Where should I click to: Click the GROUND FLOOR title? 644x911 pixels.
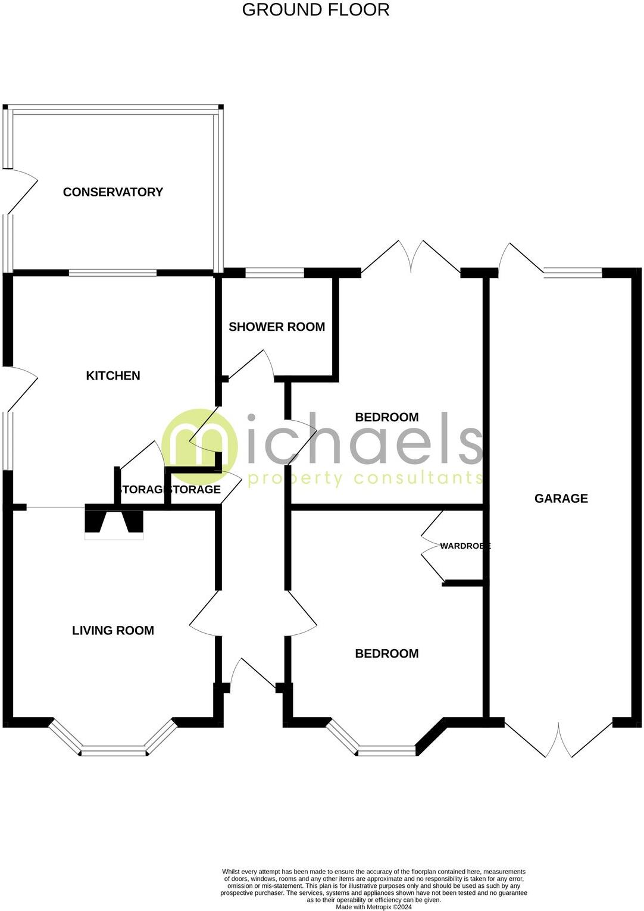pos(315,10)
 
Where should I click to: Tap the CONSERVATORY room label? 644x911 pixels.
pos(113,192)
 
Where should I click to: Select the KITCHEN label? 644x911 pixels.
pos(113,375)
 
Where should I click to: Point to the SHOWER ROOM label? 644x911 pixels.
pos(277,327)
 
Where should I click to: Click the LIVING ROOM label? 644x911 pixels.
pos(113,631)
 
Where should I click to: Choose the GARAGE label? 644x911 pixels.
pos(561,499)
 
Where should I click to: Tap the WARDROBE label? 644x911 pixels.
pos(465,546)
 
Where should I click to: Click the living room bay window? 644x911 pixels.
pos(113,751)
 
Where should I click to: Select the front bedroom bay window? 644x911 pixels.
pos(387,750)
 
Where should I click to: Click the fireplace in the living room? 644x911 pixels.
pos(114,524)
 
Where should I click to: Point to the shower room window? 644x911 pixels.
pos(274,273)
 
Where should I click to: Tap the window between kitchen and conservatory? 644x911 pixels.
pos(112,273)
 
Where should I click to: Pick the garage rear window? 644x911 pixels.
pos(573,273)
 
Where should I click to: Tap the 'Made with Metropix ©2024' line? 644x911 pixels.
pos(374,907)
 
